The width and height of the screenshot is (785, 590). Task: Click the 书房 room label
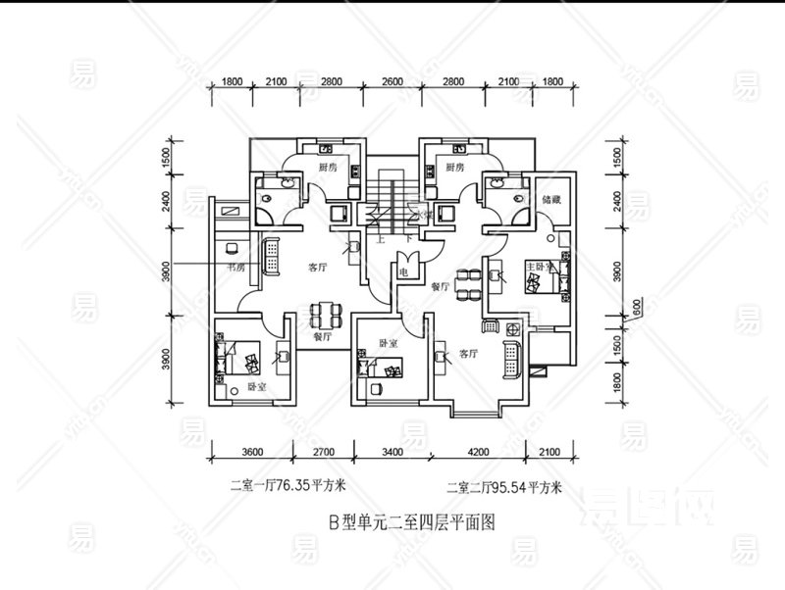(235, 267)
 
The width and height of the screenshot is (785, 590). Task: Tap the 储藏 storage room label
(549, 199)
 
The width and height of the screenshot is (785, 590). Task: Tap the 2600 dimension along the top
(392, 81)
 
